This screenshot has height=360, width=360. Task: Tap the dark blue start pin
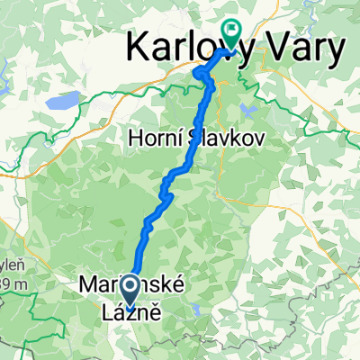coord(130,291)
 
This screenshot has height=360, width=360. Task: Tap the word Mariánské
coord(130,287)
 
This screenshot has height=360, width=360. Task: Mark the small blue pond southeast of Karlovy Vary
coord(247,110)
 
